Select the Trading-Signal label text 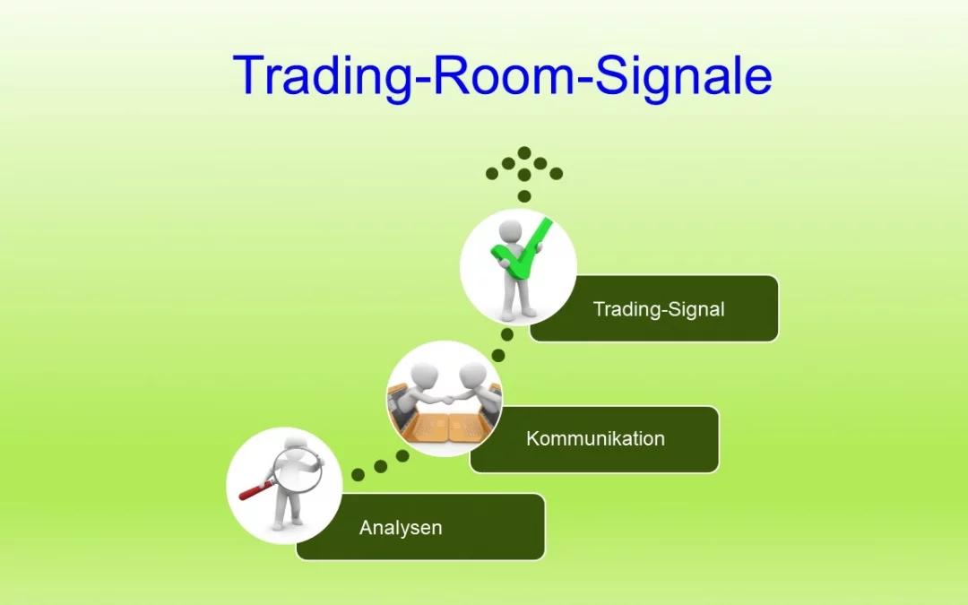pos(659,309)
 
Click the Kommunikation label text pos(595,439)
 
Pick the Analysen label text pos(401,527)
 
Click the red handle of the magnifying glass pos(254,490)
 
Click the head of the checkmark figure pos(511,228)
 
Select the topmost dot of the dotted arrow pos(524,153)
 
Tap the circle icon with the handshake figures pos(444,398)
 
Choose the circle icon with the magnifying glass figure pos(284,485)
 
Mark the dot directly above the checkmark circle pos(524,195)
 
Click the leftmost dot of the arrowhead pos(492,173)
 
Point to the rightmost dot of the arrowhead pos(557,173)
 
